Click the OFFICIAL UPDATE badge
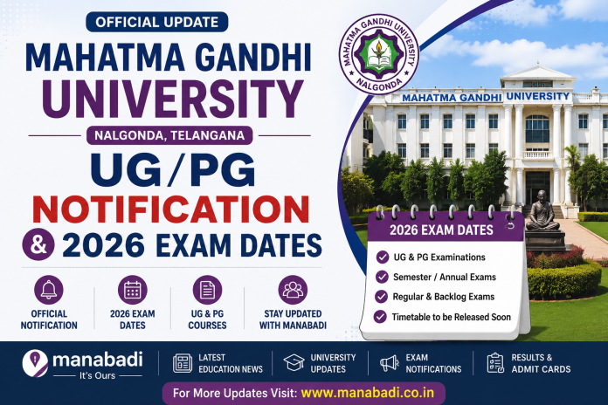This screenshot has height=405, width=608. pos(157,22)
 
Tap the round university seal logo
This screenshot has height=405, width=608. pos(379,54)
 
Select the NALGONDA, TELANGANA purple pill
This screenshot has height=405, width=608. pos(169,135)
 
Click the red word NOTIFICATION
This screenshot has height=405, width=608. pos(171,209)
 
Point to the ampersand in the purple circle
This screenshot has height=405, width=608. pos(38,244)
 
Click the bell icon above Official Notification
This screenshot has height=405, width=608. pos(49,290)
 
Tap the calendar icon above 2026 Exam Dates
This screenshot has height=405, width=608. pos(133,290)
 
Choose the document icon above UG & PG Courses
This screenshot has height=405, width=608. pos(207,290)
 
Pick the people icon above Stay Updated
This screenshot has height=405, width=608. pos(293,290)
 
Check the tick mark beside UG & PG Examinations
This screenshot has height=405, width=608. pos(383,257)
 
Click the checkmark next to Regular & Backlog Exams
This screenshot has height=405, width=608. pos(381,297)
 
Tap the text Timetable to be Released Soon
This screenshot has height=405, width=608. pos(452,317)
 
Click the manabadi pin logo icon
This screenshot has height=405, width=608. pos(35,363)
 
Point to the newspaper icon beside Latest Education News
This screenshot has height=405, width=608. pos(183,363)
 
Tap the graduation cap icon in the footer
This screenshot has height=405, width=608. pos(294,363)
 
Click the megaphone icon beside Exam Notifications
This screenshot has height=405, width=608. pos(390,363)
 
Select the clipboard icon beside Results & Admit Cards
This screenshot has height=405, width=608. pos(495,363)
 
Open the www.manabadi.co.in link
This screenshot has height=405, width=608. pos(368,393)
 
